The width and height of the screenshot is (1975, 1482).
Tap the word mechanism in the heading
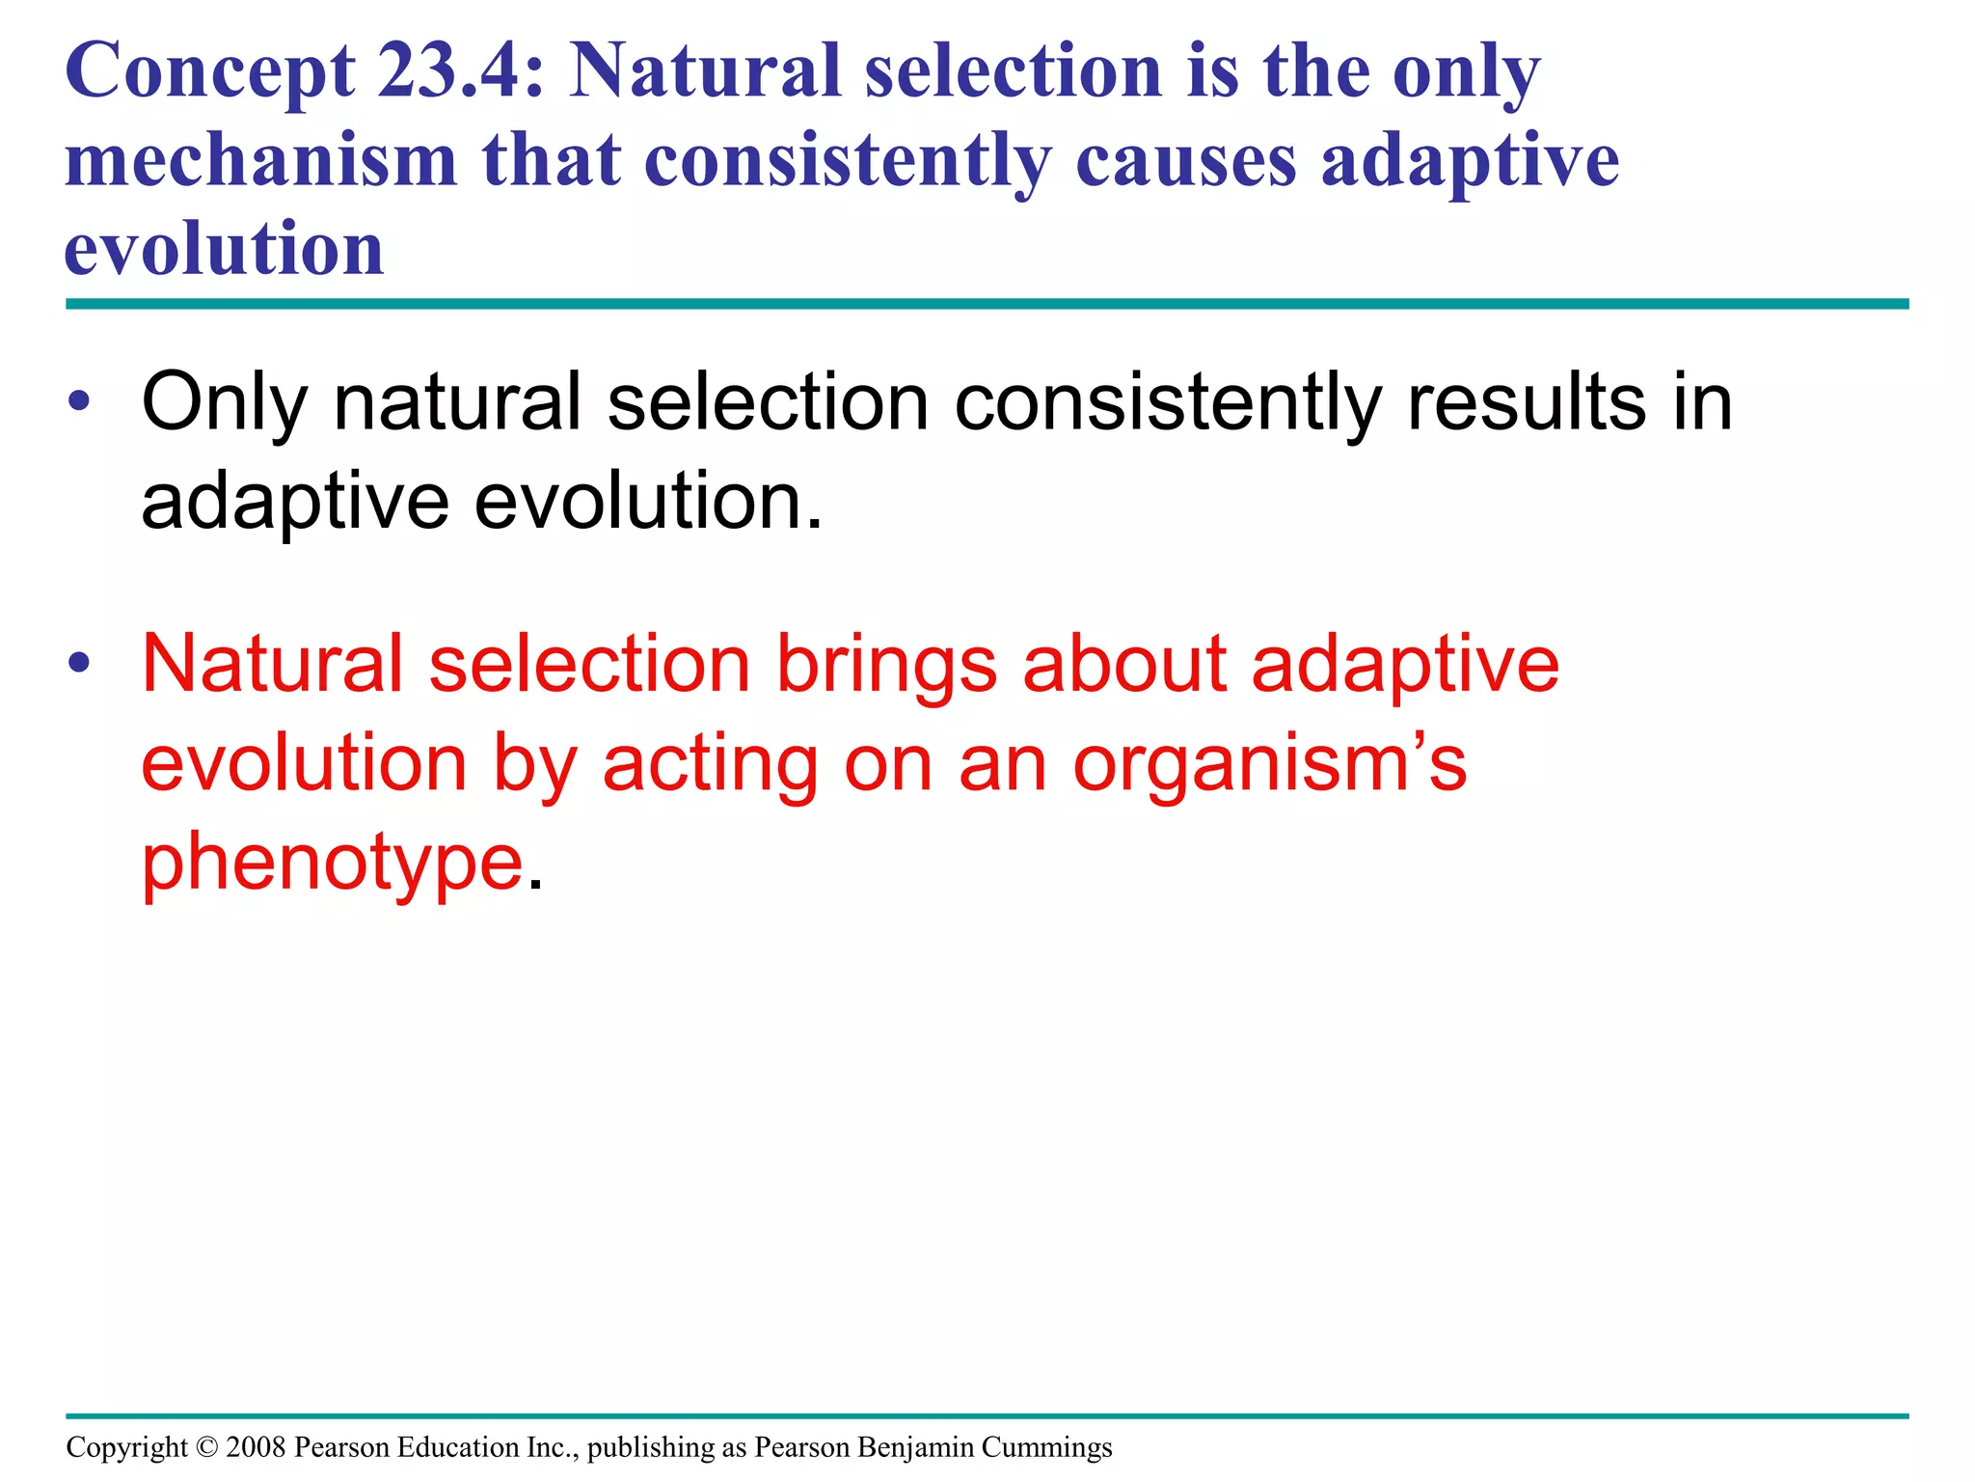(260, 160)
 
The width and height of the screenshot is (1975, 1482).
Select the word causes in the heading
(1185, 160)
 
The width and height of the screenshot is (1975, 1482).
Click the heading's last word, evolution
(224, 249)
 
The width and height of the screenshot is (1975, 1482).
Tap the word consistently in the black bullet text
(1168, 403)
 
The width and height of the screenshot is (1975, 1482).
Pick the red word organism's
(1269, 764)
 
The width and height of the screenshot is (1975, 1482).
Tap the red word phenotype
(333, 864)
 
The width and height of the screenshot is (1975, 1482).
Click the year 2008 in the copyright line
(256, 1447)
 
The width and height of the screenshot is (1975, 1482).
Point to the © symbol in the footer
(206, 1447)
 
